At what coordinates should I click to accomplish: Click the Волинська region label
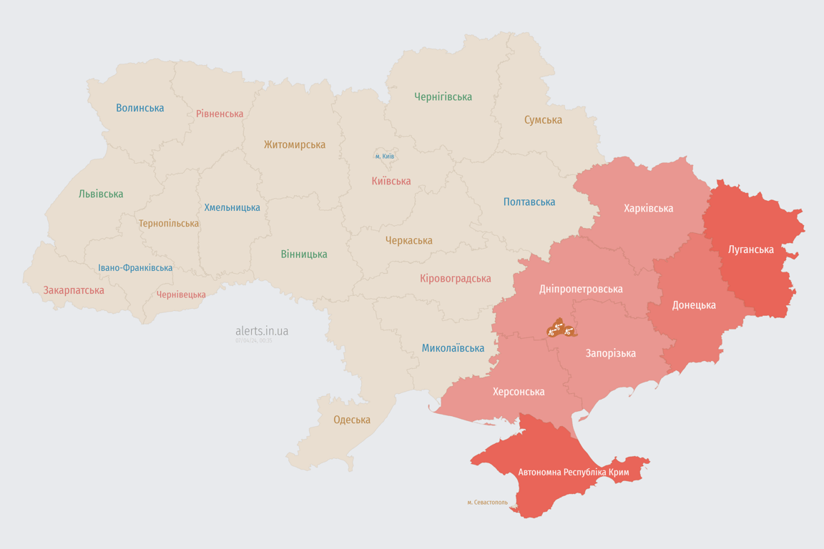point(140,108)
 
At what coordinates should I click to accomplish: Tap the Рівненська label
point(220,114)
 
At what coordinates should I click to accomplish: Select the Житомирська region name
point(294,144)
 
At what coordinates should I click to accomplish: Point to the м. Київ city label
point(384,156)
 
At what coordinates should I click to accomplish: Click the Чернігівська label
point(443,97)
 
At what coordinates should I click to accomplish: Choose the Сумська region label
point(543,120)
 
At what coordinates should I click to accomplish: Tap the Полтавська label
point(529,202)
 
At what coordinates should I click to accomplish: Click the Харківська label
point(648,208)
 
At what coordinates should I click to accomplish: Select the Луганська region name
point(750,249)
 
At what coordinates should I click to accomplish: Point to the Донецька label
point(693,305)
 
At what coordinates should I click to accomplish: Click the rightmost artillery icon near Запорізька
point(569,330)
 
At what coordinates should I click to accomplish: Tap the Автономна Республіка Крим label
point(574,473)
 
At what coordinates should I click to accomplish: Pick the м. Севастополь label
point(487,503)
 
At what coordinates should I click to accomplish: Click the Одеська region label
point(352,420)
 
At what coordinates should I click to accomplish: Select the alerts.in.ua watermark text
point(262,331)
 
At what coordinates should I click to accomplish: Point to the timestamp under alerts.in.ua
point(253,341)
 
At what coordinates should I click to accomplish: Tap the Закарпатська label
point(74,290)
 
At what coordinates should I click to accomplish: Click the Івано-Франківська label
point(135,268)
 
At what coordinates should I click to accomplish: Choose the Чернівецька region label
point(181,295)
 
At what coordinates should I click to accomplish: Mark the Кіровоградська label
point(456,278)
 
